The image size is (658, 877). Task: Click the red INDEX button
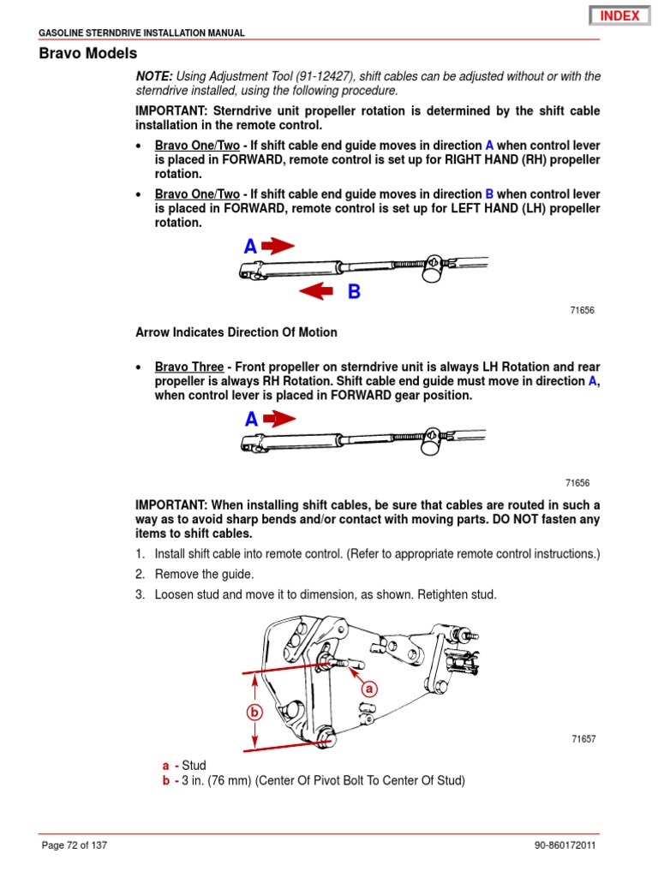click(619, 15)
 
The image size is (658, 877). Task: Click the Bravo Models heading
click(87, 53)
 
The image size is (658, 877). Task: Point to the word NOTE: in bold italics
click(154, 77)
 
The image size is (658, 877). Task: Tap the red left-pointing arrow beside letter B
click(316, 293)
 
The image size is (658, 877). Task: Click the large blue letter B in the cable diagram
click(354, 293)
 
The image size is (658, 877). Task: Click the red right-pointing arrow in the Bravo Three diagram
click(278, 419)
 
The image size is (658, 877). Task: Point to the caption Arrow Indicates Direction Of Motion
click(236, 332)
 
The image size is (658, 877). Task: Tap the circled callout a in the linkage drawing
click(368, 688)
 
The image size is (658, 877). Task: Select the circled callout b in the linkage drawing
click(254, 711)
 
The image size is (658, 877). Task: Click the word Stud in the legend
click(194, 765)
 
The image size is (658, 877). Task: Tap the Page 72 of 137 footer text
click(75, 846)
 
